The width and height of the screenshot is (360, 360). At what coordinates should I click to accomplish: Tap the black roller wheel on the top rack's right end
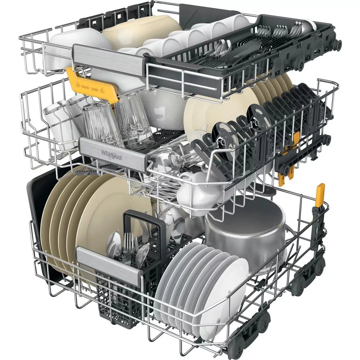click(x=338, y=44)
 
